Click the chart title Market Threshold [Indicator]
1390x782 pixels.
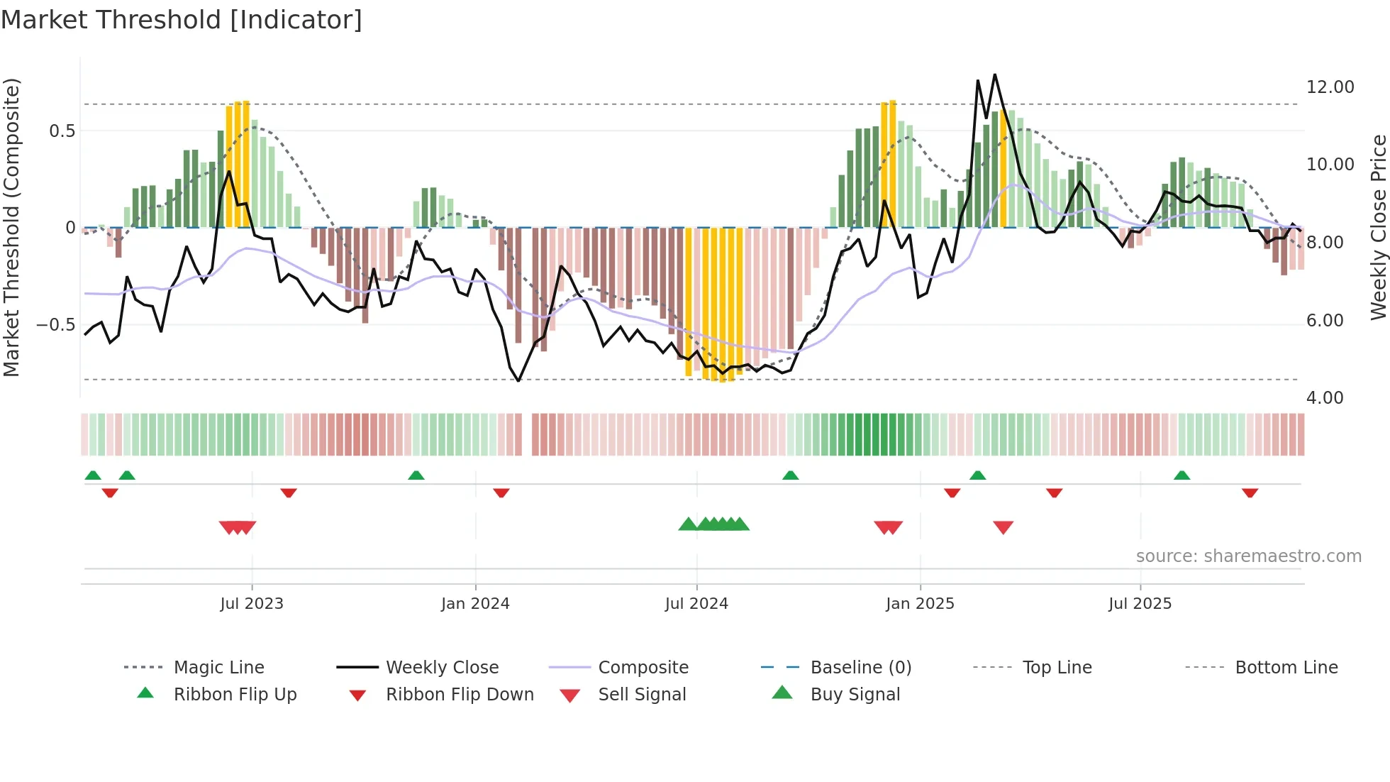182,20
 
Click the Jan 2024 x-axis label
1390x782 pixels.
475,603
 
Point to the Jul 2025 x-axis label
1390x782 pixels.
1140,603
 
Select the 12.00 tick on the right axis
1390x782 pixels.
1330,87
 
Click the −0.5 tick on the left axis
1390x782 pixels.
55,325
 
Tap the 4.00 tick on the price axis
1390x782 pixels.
1324,398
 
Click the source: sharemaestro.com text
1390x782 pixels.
1248,556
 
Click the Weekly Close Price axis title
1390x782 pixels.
1378,227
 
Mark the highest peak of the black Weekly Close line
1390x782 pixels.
995,75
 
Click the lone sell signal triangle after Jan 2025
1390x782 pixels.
1003,527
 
